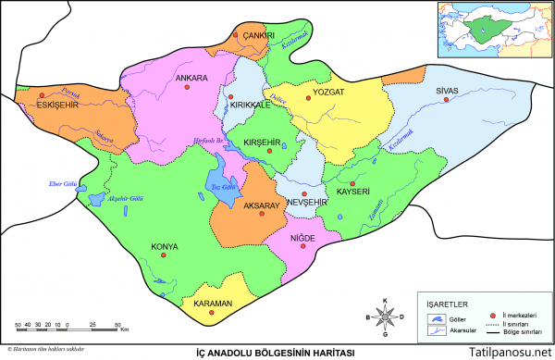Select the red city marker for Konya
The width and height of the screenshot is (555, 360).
[163, 256]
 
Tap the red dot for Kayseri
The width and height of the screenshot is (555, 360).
[352, 183]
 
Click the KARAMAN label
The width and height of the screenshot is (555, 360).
[212, 303]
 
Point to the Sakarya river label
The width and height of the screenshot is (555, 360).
[105, 137]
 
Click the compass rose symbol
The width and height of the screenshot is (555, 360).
[386, 317]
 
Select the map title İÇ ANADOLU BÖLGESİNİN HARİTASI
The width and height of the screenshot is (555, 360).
[277, 353]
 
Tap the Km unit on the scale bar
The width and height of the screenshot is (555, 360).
[124, 329]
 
